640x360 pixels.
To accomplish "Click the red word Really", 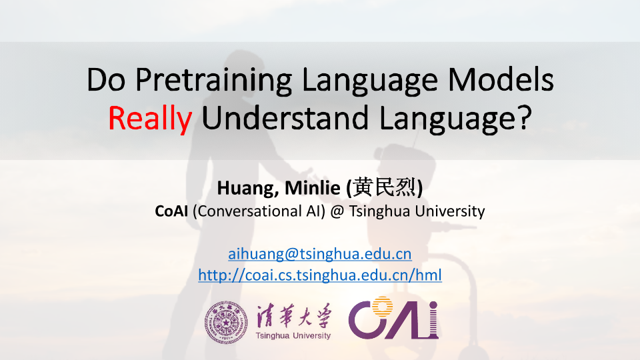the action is [150, 119].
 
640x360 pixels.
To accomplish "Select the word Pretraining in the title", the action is [213, 80].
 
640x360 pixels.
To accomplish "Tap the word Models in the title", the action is [501, 79].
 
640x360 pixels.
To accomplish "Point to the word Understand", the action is [285, 118].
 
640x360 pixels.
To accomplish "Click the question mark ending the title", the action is [524, 117].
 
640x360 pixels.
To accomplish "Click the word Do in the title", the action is [106, 79].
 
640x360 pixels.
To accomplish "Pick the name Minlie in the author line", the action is [312, 188].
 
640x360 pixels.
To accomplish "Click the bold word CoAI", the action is [171, 211].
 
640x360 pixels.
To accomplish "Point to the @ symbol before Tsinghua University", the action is [337, 211].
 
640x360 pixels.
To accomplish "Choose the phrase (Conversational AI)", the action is [259, 211].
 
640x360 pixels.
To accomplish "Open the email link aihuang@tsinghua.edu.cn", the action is [319, 254].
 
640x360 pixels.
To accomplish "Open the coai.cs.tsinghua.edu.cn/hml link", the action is [320, 275].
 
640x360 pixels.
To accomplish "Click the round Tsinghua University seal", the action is [226, 323].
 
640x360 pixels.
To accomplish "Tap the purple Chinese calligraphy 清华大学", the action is [293, 316].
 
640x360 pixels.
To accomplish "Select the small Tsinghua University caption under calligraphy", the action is [293, 335].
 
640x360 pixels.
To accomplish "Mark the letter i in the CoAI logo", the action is [433, 320].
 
